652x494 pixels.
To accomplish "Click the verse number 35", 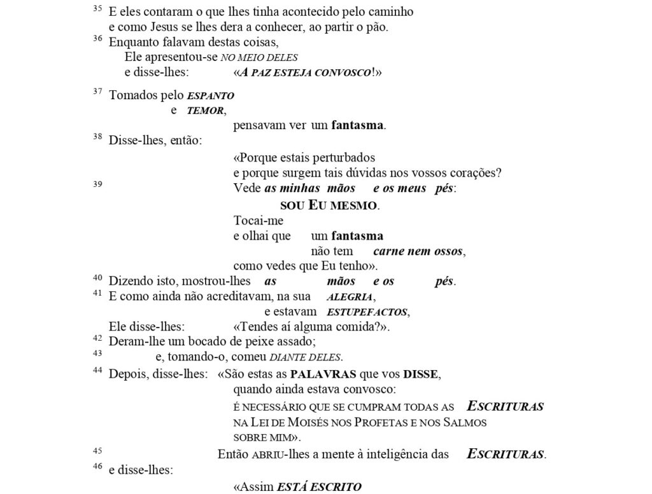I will [97, 9].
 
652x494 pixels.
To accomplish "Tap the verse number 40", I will [97, 277].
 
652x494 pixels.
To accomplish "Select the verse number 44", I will [97, 371].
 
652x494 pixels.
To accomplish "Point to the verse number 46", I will [97, 467].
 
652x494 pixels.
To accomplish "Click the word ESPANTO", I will [211, 96].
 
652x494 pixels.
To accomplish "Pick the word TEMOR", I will [206, 111].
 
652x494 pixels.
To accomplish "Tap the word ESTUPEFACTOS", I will [367, 312].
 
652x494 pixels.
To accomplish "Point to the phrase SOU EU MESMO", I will [329, 205].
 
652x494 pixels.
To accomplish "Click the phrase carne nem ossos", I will [418, 251].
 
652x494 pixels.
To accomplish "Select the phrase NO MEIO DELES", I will [259, 57].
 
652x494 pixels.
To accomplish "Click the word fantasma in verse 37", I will [358, 125].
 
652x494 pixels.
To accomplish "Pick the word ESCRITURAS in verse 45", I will [506, 455].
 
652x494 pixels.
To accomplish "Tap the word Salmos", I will [467, 422].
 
